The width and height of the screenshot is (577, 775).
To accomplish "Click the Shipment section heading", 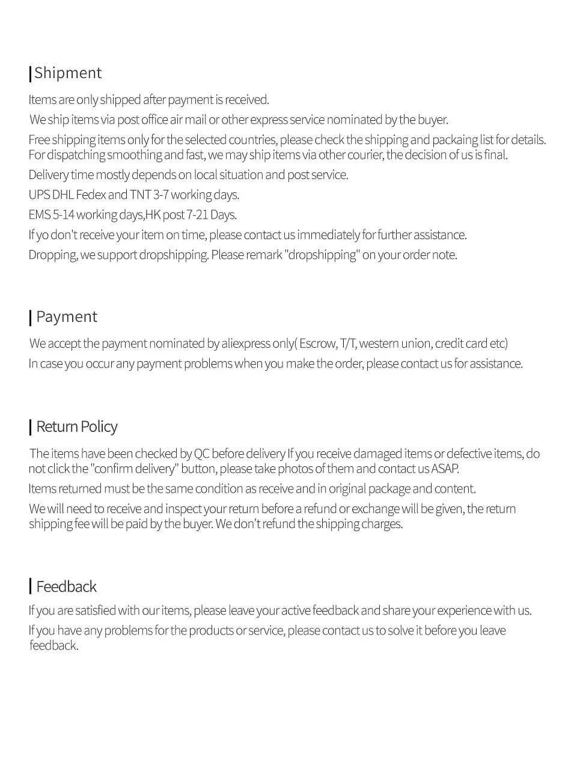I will (x=68, y=73).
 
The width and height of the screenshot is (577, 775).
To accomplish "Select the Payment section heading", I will (x=66, y=317).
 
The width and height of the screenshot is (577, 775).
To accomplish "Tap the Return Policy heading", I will (x=76, y=427).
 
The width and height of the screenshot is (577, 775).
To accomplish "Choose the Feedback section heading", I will (x=66, y=587).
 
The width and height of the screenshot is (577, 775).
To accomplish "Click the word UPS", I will (x=39, y=195).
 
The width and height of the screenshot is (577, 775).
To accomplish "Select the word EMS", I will (x=39, y=215).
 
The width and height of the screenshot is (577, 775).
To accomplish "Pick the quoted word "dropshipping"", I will (x=322, y=255).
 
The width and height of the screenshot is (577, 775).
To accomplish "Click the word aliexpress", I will (x=246, y=344).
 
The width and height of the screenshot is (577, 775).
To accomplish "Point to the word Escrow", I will (x=318, y=344).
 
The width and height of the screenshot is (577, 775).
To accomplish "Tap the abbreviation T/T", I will (x=348, y=344).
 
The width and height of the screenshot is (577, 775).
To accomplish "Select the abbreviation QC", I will (x=201, y=454).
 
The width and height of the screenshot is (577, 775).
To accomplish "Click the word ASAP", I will (x=445, y=469).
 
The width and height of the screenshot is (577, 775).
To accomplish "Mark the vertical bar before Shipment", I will (x=30, y=74).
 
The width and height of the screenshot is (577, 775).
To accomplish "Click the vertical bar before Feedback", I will (x=30, y=587).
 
